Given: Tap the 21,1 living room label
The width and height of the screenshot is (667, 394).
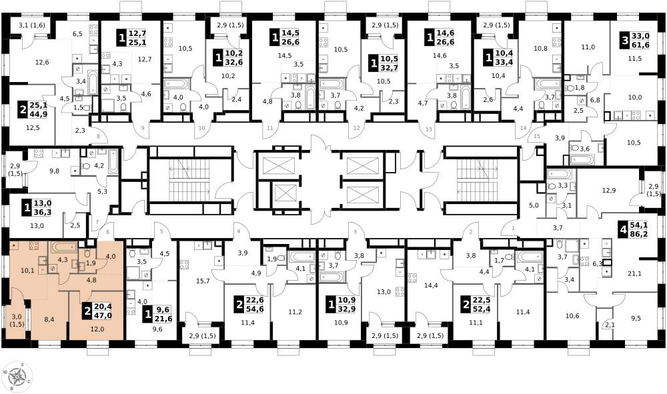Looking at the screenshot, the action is [634, 273].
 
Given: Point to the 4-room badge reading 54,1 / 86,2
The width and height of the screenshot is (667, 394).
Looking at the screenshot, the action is [634, 231].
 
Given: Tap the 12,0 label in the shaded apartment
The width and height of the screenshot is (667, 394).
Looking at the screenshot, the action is [97, 329].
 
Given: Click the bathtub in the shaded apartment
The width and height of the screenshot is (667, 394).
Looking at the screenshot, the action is [64, 247].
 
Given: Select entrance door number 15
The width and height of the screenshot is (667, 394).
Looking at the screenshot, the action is [536, 136].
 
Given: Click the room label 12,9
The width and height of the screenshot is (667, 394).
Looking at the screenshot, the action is [609, 191].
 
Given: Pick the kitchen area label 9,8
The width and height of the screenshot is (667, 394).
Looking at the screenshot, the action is [54, 171].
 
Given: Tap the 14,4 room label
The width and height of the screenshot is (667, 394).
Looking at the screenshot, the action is [431, 285].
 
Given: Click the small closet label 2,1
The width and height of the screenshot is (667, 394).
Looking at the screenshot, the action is [610, 325].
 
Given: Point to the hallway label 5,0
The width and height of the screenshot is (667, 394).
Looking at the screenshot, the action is [534, 205].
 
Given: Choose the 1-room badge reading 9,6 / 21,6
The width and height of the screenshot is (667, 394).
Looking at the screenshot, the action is [157, 315].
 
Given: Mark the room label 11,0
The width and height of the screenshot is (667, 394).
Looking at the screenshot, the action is [588, 47].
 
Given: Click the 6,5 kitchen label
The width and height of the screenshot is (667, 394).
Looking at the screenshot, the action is [77, 34].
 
